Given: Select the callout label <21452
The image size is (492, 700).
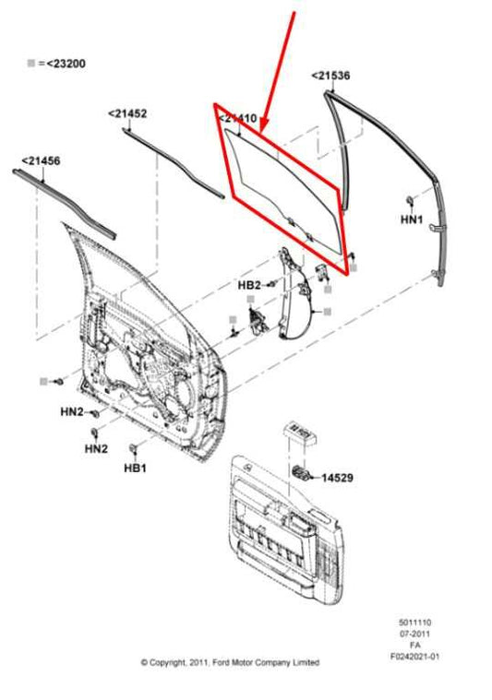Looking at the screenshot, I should pyautogui.click(x=127, y=113).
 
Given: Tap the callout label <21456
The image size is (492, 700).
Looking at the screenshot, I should pyautogui.click(x=41, y=160).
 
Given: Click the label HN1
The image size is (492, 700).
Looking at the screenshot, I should pyautogui.click(x=411, y=220).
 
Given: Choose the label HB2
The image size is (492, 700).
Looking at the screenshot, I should pyautogui.click(x=249, y=286).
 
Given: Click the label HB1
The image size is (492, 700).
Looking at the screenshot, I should pyautogui.click(x=136, y=469).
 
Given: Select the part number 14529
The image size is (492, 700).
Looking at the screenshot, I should pyautogui.click(x=337, y=478).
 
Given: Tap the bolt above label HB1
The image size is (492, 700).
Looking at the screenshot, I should pyautogui.click(x=135, y=448).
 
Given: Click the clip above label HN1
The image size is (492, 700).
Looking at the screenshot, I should pyautogui.click(x=409, y=200).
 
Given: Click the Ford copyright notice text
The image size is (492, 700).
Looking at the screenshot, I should pyautogui.click(x=230, y=662).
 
